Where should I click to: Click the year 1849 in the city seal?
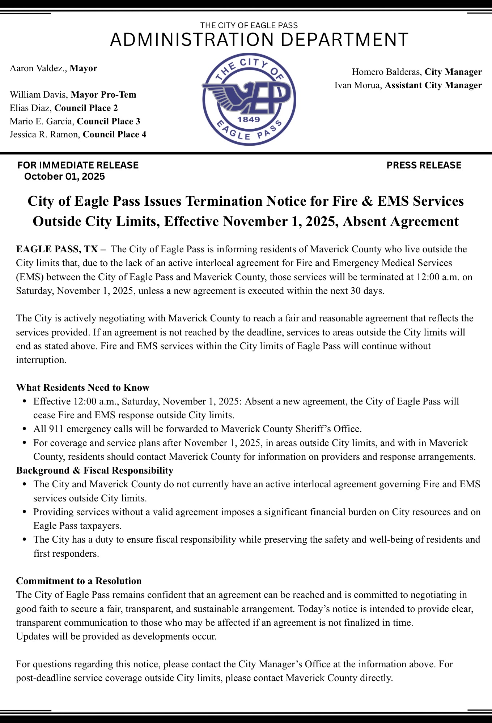click(249, 119)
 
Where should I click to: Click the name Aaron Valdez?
click(38, 68)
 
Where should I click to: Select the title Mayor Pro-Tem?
click(103, 95)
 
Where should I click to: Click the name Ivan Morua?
click(357, 85)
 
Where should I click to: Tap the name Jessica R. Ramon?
click(44, 134)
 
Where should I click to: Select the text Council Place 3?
click(109, 121)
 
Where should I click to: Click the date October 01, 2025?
click(64, 176)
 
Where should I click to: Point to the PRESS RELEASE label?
click(424, 165)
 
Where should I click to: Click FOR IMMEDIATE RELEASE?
click(78, 165)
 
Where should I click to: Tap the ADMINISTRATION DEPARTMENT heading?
click(259, 39)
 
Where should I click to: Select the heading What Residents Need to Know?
click(82, 388)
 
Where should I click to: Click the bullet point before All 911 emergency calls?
click(25, 429)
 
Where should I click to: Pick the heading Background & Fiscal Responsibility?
click(95, 470)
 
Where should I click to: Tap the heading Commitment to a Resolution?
click(79, 581)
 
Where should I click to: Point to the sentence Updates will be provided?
click(116, 636)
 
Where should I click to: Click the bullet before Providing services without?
click(25, 512)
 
